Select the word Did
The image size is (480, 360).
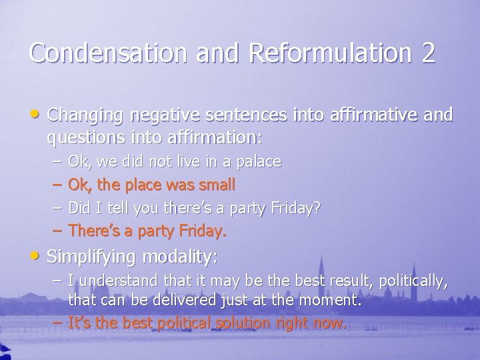[x=81, y=208]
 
